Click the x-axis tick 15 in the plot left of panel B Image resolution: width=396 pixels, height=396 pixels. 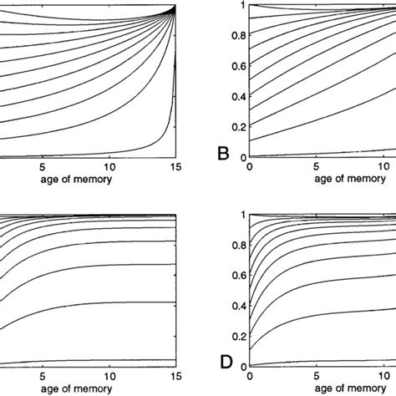(x=174, y=166)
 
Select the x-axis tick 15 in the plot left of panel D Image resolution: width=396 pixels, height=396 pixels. (x=174, y=375)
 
